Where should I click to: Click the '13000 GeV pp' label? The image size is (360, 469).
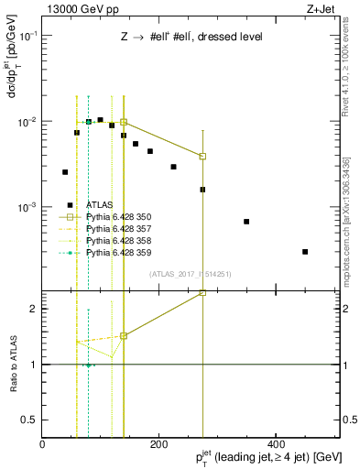tap(74, 9)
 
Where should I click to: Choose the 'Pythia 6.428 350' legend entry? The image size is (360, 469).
tap(118, 217)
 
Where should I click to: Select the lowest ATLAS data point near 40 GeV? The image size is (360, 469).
tap(65, 172)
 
